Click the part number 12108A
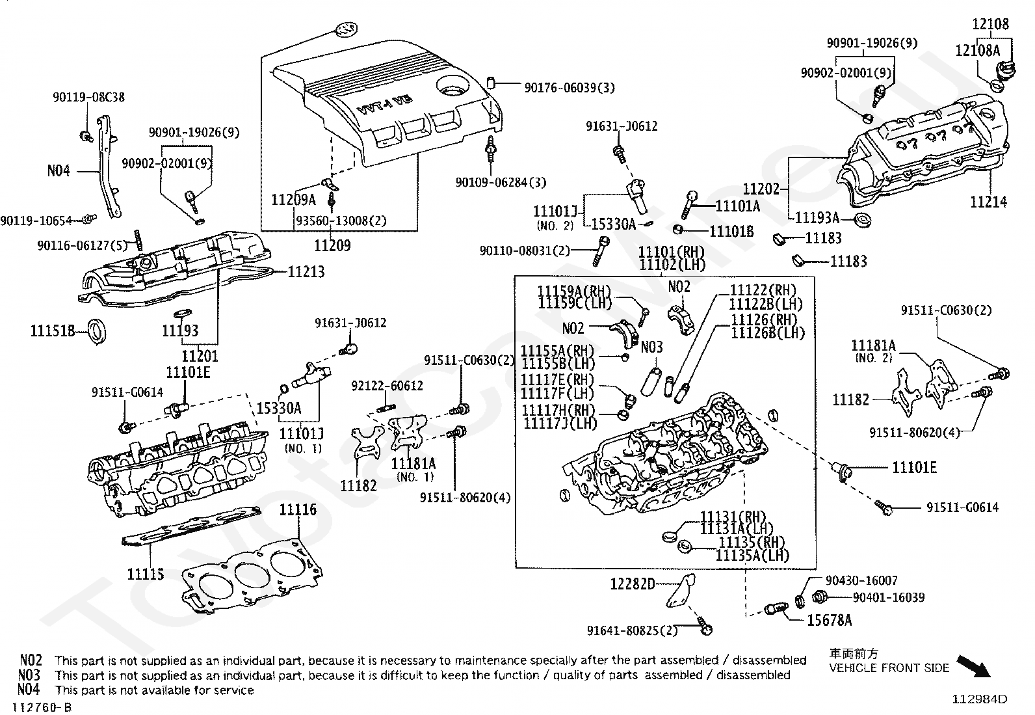coord(977,50)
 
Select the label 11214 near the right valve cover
coord(988,202)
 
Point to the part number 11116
coord(298,510)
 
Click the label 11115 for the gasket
coord(145,574)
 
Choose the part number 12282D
coord(633,584)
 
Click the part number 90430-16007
coord(861,580)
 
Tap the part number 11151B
coord(53,331)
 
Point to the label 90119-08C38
coord(88,98)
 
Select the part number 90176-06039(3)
coord(570,88)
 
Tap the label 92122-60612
coord(387,386)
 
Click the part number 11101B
coord(731,232)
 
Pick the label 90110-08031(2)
coord(525,250)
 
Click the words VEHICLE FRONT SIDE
coord(889,668)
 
